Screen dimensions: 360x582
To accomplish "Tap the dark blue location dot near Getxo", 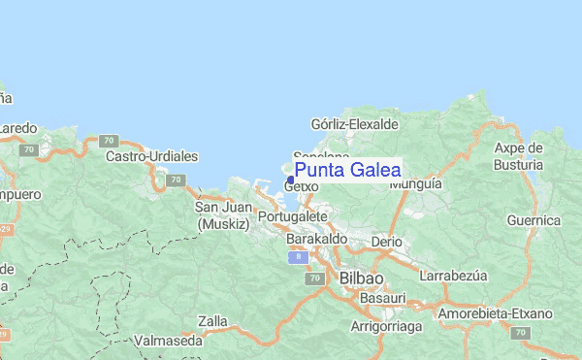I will tap(291, 180).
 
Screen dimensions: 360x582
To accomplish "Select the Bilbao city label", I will tap(362, 278).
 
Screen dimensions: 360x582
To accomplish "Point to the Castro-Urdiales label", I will tap(151, 155).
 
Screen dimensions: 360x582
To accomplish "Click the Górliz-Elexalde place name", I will tap(354, 125).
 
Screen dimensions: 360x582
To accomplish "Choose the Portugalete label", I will tap(293, 214).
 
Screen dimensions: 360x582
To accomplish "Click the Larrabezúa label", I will tap(452, 276).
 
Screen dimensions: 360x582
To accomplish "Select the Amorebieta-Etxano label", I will tap(495, 313).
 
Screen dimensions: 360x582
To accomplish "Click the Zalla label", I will tap(212, 320).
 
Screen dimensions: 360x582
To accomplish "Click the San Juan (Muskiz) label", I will tap(223, 214).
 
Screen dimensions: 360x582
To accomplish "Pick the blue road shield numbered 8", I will tap(300, 257).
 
